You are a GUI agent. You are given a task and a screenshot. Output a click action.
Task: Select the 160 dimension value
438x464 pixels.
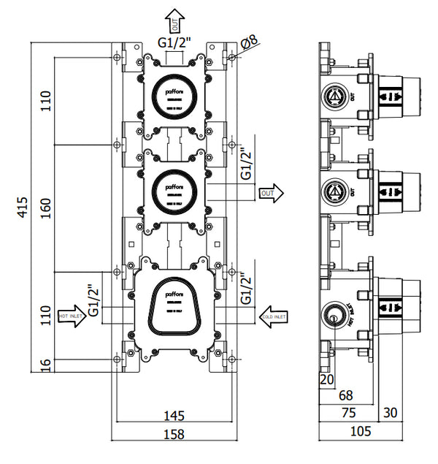pyautogui.click(x=45, y=210)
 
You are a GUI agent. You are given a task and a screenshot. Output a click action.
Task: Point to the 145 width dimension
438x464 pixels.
pyautogui.click(x=173, y=416)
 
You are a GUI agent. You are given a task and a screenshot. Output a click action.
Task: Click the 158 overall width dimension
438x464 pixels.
pyautogui.click(x=173, y=433)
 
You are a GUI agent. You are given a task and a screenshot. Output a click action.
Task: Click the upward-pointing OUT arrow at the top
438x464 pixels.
pyautogui.click(x=174, y=20)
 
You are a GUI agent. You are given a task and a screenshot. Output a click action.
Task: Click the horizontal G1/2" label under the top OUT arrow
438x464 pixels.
pyautogui.click(x=174, y=43)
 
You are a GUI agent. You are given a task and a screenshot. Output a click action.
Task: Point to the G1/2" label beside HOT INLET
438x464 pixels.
pyautogui.click(x=93, y=300)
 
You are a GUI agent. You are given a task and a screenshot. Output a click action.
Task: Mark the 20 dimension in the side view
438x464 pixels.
pyautogui.click(x=326, y=379)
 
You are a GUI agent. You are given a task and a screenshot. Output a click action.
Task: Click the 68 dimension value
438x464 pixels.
pyautogui.click(x=347, y=395)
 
